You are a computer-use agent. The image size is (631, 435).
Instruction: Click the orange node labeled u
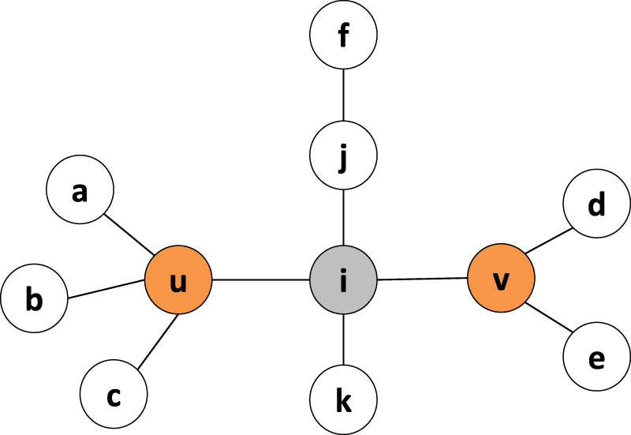[178, 280]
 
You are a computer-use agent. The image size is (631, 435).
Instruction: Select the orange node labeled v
[502, 279]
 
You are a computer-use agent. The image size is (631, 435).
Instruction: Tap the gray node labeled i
[343, 280]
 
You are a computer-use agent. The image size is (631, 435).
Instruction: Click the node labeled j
[343, 156]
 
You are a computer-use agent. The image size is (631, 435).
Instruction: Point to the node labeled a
[80, 190]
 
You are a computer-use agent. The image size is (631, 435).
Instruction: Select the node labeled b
[34, 299]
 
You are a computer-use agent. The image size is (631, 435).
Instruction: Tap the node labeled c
[114, 394]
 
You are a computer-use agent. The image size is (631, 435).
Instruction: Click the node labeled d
[597, 204]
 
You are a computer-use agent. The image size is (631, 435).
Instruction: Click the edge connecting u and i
[260, 280]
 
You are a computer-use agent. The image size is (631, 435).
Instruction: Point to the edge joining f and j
[343, 96]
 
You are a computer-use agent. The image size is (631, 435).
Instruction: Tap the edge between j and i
[343, 218]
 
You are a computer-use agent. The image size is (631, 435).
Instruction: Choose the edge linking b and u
[106, 290]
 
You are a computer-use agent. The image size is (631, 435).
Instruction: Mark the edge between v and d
[548, 242]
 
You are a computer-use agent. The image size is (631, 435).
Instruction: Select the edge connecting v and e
[548, 317]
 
